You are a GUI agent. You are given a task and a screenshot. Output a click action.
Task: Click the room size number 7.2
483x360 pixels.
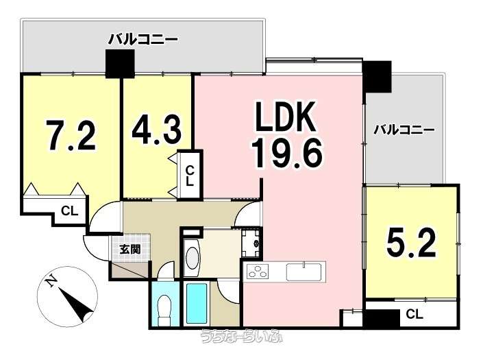pos(71,135)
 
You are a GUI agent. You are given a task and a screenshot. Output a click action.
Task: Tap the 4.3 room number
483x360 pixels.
pos(156,130)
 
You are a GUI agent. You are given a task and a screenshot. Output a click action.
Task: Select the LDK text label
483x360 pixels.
pos(285,117)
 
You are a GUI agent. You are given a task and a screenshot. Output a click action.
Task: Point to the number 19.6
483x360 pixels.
pos(287,152)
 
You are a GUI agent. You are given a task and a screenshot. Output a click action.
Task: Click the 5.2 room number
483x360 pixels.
pos(411,243)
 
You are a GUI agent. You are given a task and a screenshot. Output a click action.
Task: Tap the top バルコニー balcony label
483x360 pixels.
pos(143,40)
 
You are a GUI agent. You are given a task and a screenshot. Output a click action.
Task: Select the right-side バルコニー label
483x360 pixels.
pos(404,130)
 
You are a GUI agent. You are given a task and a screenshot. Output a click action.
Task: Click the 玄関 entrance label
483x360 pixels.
pos(130,250)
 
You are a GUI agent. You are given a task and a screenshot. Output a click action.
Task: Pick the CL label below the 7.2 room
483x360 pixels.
pos(69,211)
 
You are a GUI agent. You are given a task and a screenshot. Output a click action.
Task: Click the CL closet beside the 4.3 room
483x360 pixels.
pos(190,176)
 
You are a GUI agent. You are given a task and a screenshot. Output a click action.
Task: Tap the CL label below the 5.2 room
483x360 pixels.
pos(414,314)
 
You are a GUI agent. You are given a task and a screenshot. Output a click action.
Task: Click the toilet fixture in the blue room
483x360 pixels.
pos(164,311)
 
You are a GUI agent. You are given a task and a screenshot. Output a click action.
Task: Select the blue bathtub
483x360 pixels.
pos(197,302)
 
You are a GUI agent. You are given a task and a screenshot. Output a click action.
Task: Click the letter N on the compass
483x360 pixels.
pos(51,281)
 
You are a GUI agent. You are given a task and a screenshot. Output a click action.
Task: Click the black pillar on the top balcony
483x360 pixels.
pos(120,64)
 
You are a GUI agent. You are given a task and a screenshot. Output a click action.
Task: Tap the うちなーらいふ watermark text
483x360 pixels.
pos(241,336)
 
